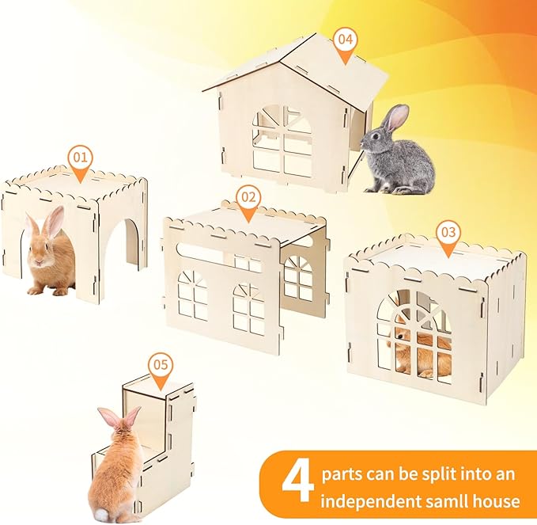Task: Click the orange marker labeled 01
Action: [80, 158]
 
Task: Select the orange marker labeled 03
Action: [448, 233]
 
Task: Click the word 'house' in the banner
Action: [496, 501]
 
